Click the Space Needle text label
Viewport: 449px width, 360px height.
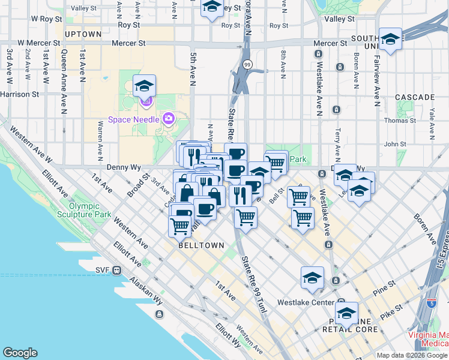pos(134,119)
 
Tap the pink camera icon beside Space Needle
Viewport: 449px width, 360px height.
pos(169,118)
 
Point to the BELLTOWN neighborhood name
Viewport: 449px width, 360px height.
pos(201,245)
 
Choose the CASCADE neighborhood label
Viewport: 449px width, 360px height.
pos(415,97)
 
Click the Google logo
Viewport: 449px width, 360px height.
pos(20,353)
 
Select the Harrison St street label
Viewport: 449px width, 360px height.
pos(20,94)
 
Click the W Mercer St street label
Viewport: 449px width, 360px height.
pos(39,43)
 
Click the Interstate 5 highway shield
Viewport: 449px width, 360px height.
pos(431,303)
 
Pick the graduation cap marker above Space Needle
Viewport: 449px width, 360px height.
pos(145,87)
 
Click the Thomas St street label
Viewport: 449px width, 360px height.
pos(399,121)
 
